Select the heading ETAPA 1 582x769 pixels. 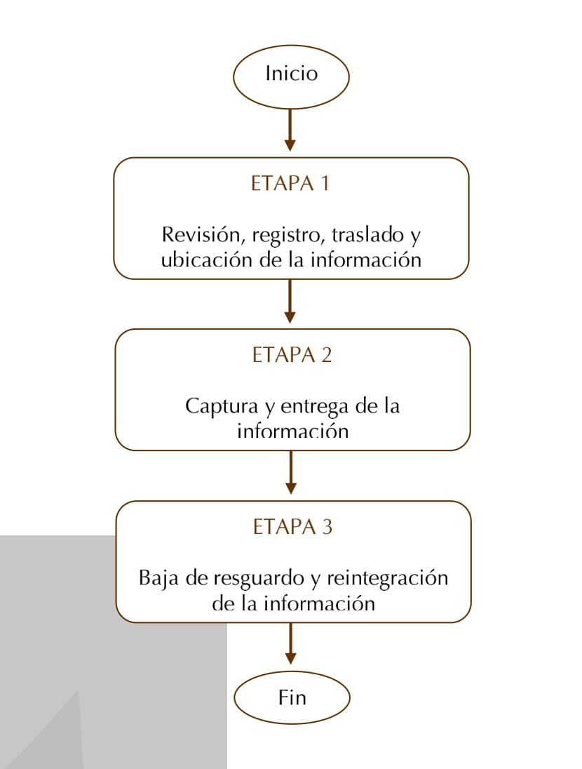click(x=290, y=183)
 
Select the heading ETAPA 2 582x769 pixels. click(x=292, y=355)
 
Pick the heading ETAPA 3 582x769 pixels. click(x=292, y=527)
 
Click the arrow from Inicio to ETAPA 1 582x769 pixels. click(x=290, y=130)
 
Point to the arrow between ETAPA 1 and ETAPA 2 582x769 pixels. click(x=290, y=301)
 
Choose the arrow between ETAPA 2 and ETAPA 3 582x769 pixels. click(x=291, y=472)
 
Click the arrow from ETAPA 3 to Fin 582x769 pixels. click(x=291, y=643)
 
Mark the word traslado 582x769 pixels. click(x=367, y=235)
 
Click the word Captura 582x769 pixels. click(x=222, y=406)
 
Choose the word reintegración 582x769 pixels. click(x=387, y=578)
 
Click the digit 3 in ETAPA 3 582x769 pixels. click(x=327, y=527)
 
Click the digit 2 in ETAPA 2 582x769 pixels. click(x=326, y=355)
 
